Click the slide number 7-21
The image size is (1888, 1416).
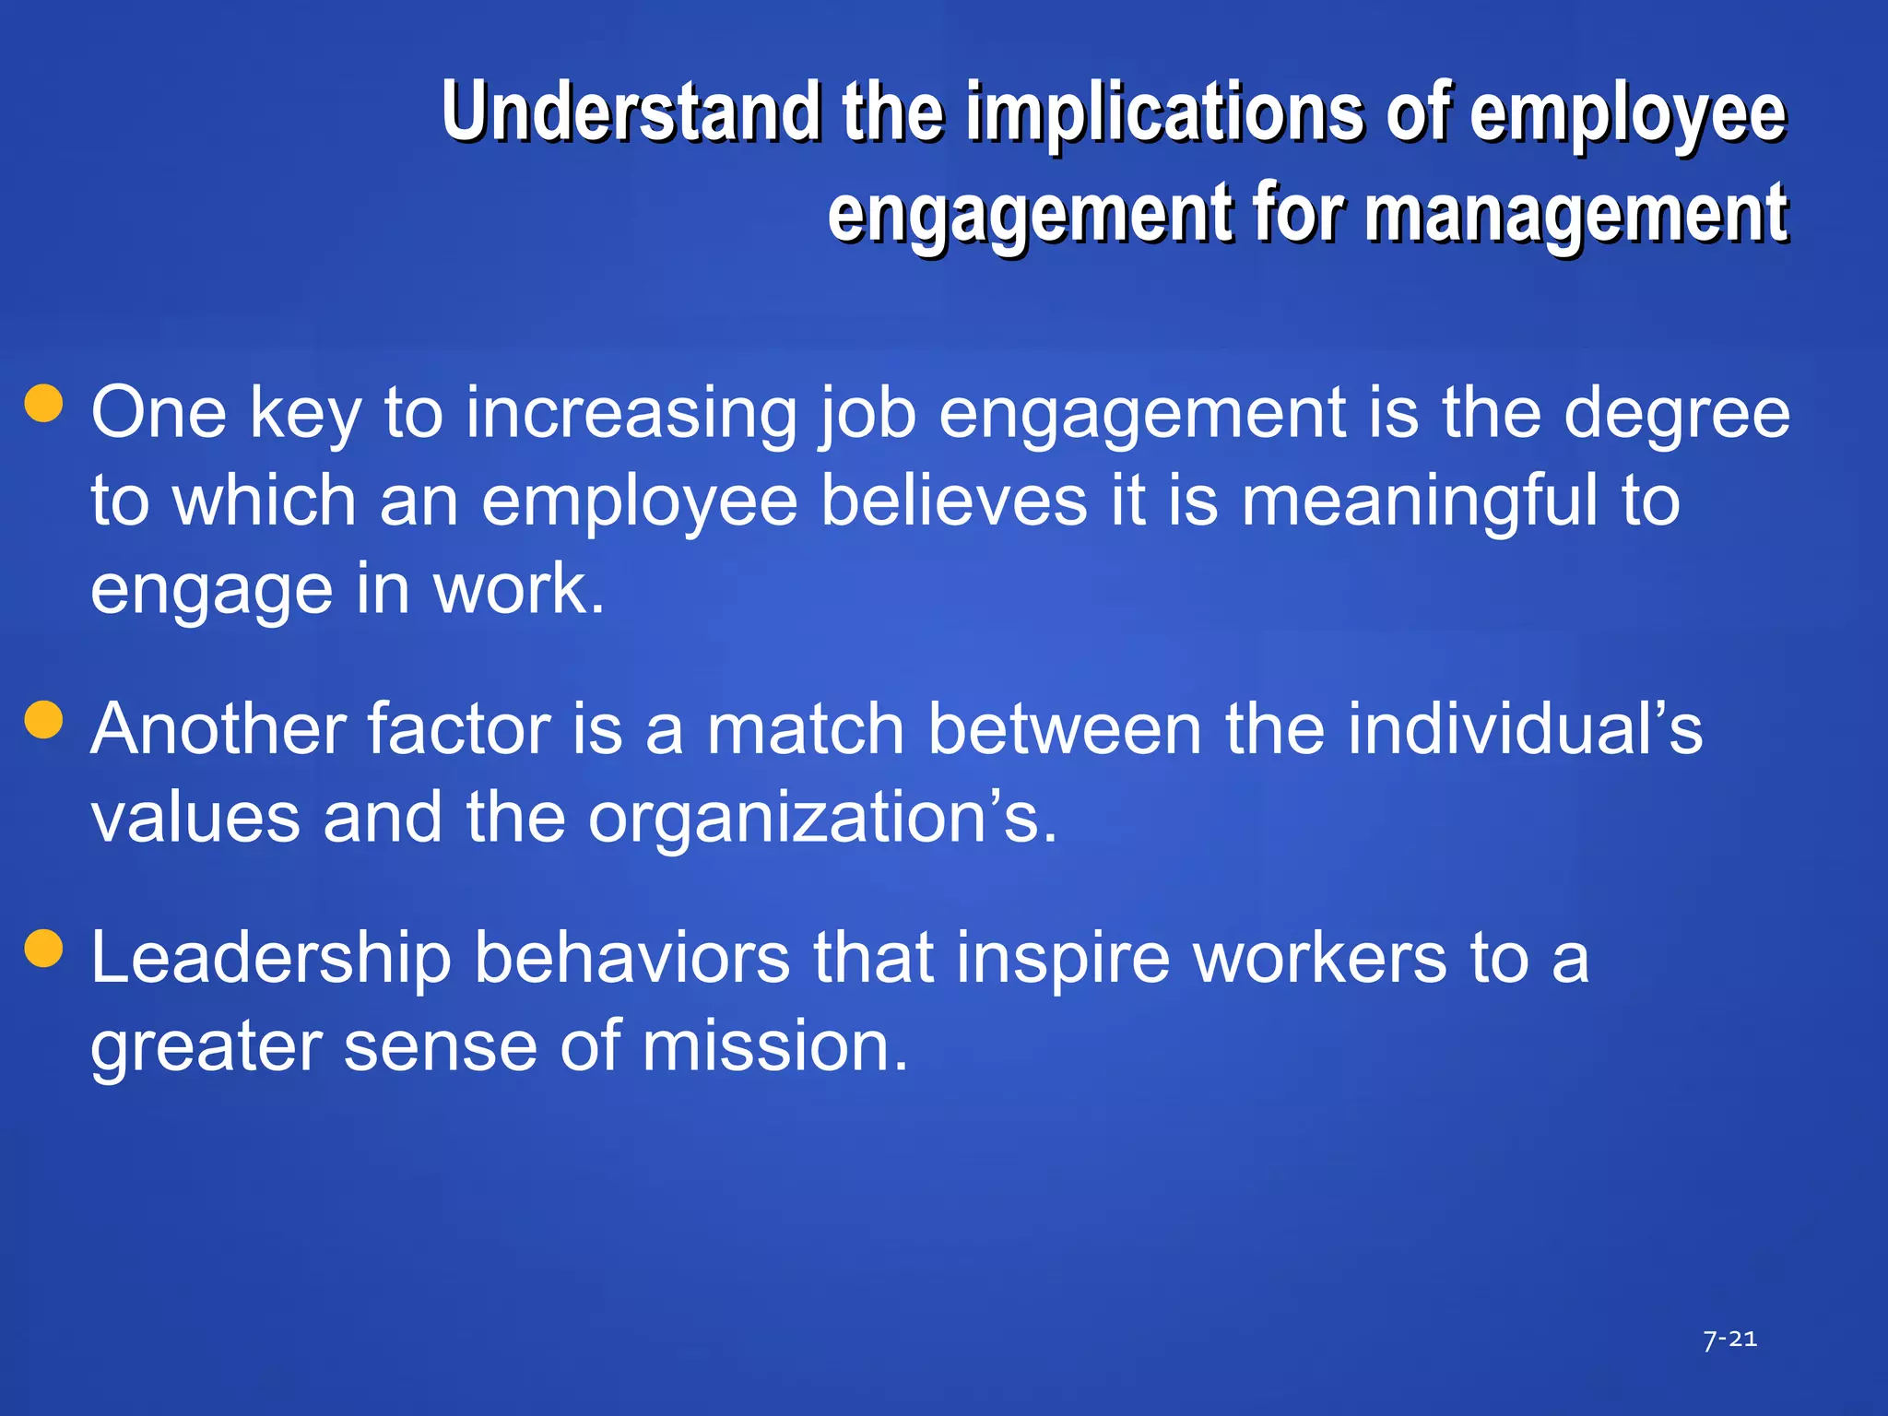click(x=1729, y=1339)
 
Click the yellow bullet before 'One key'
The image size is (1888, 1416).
click(x=44, y=403)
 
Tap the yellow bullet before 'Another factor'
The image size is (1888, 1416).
click(x=44, y=720)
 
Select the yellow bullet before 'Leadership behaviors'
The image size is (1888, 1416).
click(x=44, y=949)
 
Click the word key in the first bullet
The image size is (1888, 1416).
click(x=305, y=414)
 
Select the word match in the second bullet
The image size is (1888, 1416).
click(x=805, y=729)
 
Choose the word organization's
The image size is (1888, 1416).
click(x=822, y=818)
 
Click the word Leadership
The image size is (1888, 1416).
click(x=271, y=959)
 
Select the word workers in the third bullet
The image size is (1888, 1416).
click(x=1320, y=959)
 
